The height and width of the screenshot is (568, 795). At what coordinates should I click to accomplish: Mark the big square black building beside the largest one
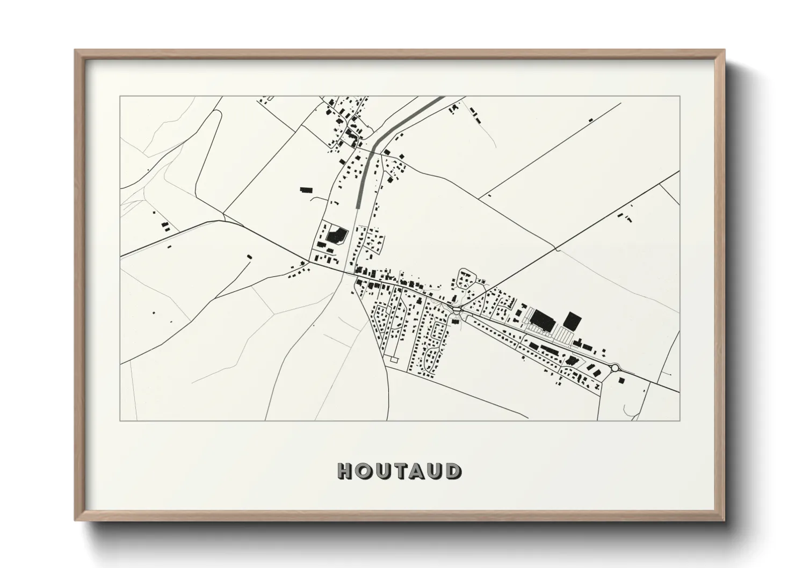coord(572,320)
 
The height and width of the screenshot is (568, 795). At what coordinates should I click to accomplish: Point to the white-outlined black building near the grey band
coord(337,235)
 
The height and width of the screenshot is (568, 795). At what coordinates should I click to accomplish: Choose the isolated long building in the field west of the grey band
coord(306,189)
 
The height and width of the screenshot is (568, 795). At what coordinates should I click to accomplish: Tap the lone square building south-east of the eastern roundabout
coord(621,381)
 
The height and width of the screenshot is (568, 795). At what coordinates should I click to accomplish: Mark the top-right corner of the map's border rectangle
coord(680,96)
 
